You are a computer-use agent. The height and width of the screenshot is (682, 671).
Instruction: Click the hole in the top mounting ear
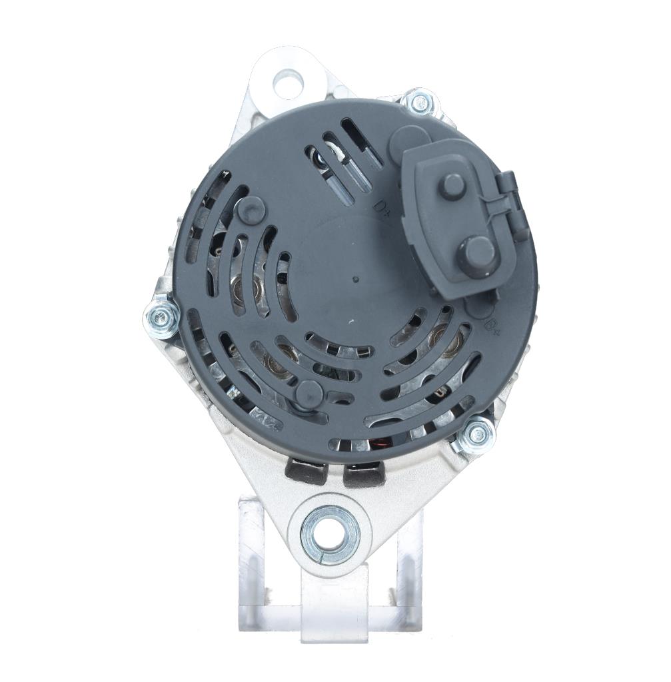click(x=288, y=80)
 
